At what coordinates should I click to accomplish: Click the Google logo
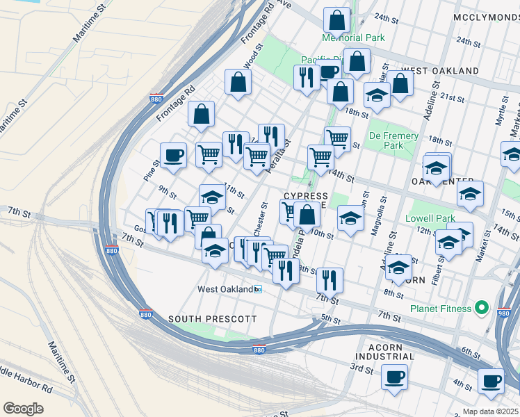point(23,408)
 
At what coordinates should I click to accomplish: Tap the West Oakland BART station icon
point(258,289)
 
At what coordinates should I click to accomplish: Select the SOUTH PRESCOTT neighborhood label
point(212,319)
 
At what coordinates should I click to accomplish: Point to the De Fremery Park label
point(393,141)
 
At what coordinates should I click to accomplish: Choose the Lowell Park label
point(430,218)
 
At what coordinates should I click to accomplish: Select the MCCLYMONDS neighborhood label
point(486,16)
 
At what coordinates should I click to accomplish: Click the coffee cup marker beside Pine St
point(173,155)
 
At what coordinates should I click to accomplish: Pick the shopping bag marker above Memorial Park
point(336,21)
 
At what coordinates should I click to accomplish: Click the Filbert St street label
point(435,271)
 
